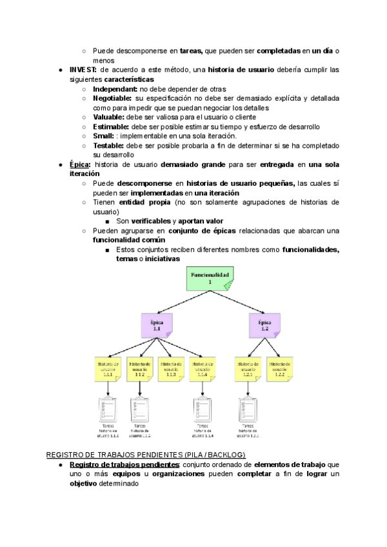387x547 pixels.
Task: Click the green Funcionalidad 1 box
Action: [x=210, y=279]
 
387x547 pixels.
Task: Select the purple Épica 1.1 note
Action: [x=157, y=326]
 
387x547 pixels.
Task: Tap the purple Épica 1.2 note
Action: [x=264, y=326]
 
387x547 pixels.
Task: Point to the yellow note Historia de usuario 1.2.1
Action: [x=248, y=370]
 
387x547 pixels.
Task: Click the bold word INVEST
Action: [x=83, y=70]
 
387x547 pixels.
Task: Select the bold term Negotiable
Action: [x=113, y=99]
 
